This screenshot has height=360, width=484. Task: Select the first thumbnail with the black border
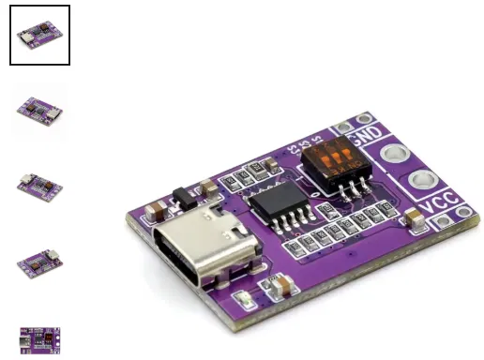40,36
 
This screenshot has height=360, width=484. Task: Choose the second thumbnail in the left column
40,111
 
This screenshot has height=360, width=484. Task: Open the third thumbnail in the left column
40,186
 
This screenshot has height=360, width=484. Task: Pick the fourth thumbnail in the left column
40,262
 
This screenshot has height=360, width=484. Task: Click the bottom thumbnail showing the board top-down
40,338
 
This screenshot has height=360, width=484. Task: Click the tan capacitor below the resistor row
281,284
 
